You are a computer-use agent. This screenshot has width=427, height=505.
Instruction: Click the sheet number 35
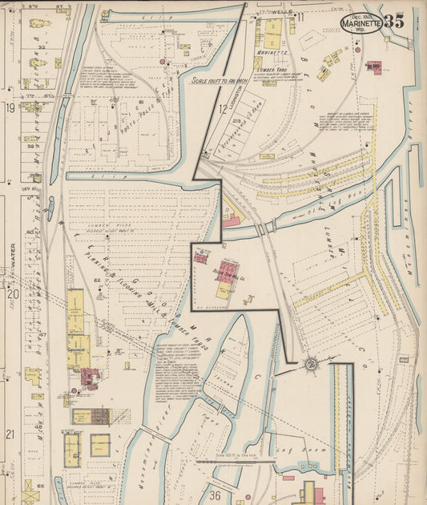point(394,22)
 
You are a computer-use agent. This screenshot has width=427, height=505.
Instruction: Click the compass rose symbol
point(310,366)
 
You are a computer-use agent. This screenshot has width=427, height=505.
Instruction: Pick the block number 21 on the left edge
point(10,434)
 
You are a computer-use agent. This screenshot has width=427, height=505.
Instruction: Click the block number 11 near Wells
point(301,17)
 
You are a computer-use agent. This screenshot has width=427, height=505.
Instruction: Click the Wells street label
point(280,13)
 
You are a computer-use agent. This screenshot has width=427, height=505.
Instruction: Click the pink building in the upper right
point(373,67)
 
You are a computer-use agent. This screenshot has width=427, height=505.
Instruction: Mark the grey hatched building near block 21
point(100,416)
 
